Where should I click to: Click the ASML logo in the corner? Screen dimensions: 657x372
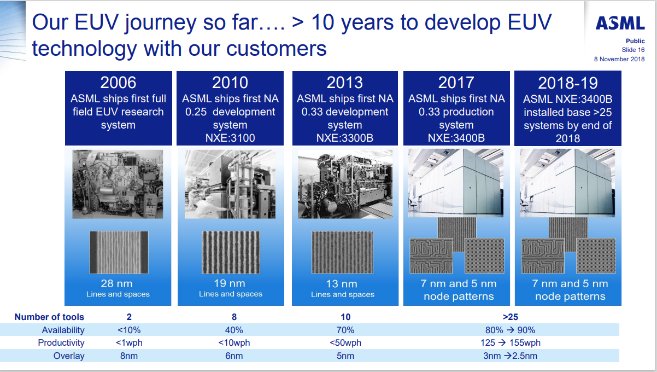click(x=620, y=23)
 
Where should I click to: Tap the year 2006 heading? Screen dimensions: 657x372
click(x=118, y=83)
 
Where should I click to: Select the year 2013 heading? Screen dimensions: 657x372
click(x=345, y=83)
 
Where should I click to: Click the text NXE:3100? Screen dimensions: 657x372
click(x=230, y=138)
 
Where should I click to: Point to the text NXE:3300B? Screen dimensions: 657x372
click(x=345, y=138)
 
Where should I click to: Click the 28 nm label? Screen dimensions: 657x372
click(x=117, y=283)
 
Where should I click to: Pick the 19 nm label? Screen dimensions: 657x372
click(x=230, y=283)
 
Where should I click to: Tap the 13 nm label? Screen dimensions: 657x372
click(x=342, y=284)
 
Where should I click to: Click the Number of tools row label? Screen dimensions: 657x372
click(x=49, y=317)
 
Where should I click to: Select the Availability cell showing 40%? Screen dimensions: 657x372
click(x=234, y=330)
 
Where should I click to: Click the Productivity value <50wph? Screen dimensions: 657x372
click(x=345, y=342)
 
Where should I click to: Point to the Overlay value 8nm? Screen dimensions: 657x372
click(x=129, y=356)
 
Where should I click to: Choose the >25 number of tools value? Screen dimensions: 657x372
click(x=511, y=317)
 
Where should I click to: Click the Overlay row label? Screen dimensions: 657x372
click(x=69, y=356)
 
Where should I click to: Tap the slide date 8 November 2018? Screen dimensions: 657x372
click(x=619, y=59)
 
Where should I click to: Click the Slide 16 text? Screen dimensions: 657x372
click(x=633, y=50)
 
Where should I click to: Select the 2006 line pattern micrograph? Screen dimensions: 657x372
click(x=119, y=253)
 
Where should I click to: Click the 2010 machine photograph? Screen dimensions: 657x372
click(x=230, y=184)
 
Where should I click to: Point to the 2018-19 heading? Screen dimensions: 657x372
click(x=568, y=83)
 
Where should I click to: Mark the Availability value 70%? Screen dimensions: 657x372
click(x=345, y=330)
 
